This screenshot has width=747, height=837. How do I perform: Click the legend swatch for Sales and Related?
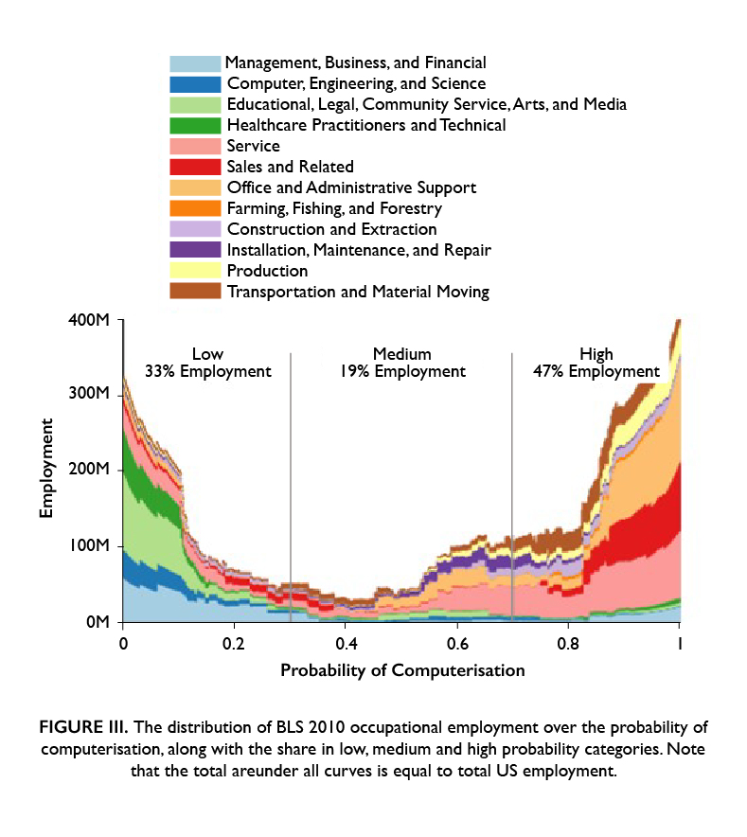coord(195,167)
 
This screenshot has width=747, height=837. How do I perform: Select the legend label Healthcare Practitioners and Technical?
coord(366,125)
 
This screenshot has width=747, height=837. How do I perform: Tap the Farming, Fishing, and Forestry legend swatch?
coord(195,208)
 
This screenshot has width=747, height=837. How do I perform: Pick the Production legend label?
coord(267,271)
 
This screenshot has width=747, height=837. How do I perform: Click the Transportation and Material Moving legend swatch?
coord(195,292)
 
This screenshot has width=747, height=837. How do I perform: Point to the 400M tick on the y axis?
coord(122,320)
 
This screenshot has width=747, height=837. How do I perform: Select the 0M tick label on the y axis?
coord(98,623)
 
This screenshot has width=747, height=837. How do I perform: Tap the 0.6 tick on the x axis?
coord(457,623)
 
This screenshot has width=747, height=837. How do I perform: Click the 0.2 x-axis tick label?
coord(235,643)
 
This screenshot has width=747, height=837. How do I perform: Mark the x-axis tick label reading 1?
coord(679,643)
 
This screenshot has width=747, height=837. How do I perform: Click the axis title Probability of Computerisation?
coord(401,670)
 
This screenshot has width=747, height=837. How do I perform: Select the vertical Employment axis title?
coord(46,471)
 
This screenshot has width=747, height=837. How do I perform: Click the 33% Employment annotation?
coord(207,371)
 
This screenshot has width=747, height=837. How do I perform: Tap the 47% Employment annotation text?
coord(596,371)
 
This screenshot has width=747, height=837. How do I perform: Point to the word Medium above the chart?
coord(401,354)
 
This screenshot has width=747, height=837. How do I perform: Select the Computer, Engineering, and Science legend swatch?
coord(195,83)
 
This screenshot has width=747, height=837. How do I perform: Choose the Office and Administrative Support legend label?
coord(351,187)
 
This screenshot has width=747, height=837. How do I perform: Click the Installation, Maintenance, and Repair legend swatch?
coord(195,250)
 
